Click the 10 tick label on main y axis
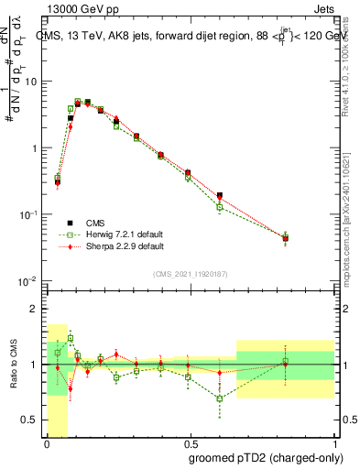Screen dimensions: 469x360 click(31, 82)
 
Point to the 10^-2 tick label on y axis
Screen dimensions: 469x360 click(29, 280)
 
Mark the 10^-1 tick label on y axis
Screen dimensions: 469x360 click(29, 214)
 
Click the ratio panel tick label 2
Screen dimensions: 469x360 click(35, 309)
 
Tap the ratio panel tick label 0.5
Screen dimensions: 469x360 click(31, 420)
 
